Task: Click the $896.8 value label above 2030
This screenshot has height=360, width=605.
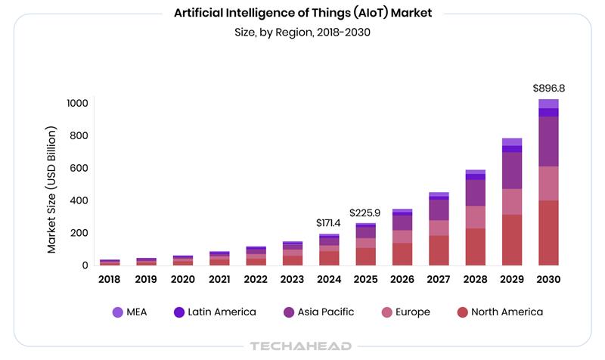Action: tap(548, 88)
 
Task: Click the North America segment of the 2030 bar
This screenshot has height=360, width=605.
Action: tap(548, 232)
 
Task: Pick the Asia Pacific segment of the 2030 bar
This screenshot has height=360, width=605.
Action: tap(548, 141)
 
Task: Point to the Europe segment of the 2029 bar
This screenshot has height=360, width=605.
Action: tap(512, 201)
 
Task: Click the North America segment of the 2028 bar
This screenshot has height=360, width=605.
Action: tap(476, 247)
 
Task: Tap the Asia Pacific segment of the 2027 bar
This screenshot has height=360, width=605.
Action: tap(439, 209)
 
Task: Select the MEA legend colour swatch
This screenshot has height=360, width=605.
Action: tap(117, 312)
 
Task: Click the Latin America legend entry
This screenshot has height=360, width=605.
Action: tap(216, 312)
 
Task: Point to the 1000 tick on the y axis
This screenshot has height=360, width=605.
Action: tap(77, 104)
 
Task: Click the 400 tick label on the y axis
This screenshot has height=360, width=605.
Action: tap(79, 200)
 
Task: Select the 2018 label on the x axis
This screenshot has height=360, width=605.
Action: tap(110, 279)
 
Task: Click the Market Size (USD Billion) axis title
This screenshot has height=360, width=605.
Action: tap(52, 189)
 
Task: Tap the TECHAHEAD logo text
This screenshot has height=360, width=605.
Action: tap(300, 346)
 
